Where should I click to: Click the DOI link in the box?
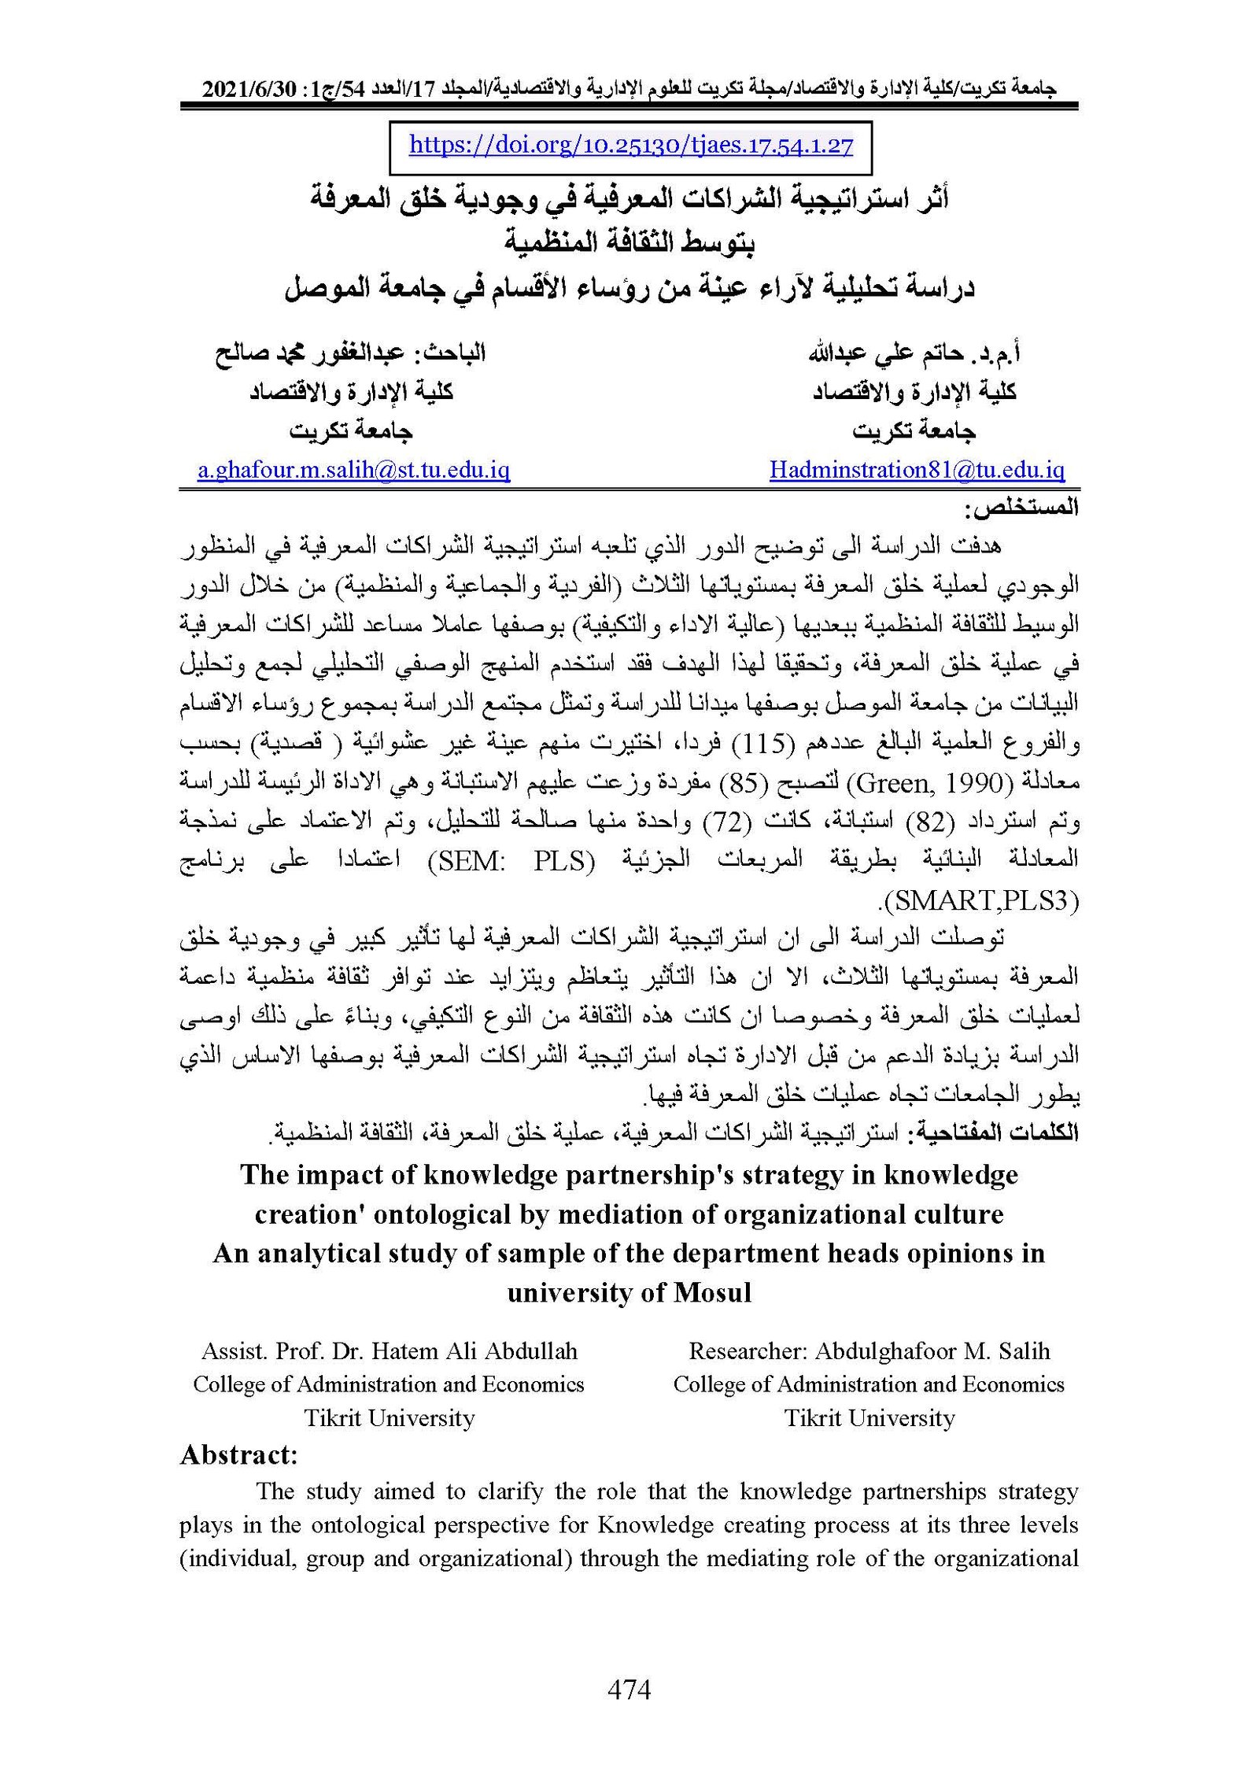coord(631,146)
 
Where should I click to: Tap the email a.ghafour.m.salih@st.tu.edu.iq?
coord(353,471)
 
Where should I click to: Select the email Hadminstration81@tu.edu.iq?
coord(917,471)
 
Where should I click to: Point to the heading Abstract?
coord(238,1454)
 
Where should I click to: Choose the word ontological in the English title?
coord(442,1214)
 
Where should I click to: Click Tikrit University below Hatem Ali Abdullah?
coord(390,1418)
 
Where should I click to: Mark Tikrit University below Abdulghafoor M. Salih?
coord(869,1418)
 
